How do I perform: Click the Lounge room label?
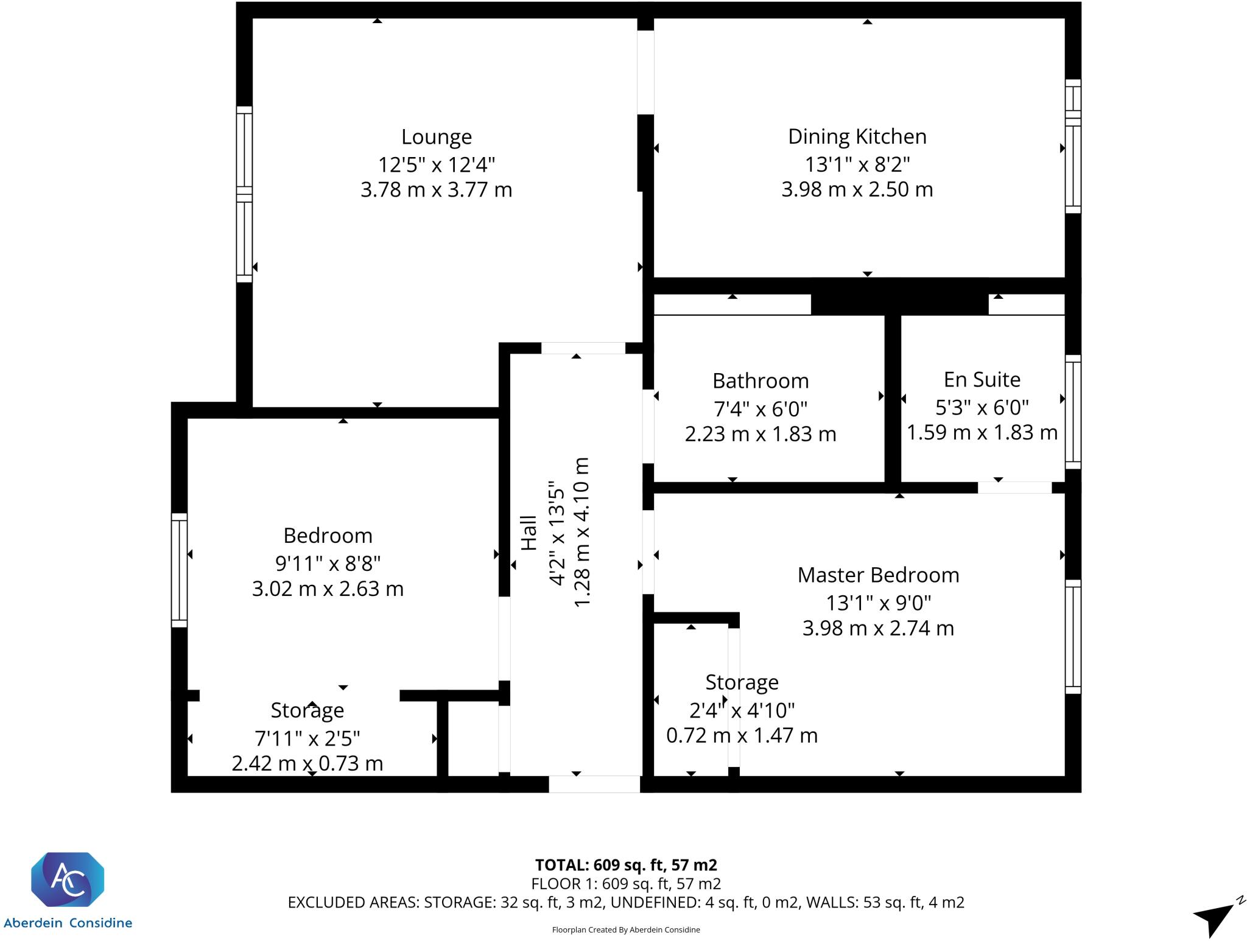(x=436, y=137)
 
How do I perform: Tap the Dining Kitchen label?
(x=857, y=136)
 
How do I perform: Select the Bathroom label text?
(x=760, y=381)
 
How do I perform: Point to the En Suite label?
(x=982, y=379)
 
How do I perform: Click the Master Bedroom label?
(x=878, y=575)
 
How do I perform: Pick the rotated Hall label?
(x=529, y=533)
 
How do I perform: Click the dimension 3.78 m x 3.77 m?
(x=436, y=190)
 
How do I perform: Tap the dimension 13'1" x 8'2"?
(x=857, y=164)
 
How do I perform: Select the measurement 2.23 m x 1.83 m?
(x=760, y=434)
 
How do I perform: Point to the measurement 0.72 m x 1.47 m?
(x=741, y=735)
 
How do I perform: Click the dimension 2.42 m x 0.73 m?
(x=307, y=763)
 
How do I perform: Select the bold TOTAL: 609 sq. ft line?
(x=625, y=865)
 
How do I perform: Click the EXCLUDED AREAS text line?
(x=625, y=902)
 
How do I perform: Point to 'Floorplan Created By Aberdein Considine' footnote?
(x=625, y=929)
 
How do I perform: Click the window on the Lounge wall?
(x=244, y=194)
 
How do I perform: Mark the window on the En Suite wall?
(x=1072, y=412)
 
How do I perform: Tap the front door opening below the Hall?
(x=594, y=784)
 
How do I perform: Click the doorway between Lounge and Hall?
(x=583, y=348)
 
